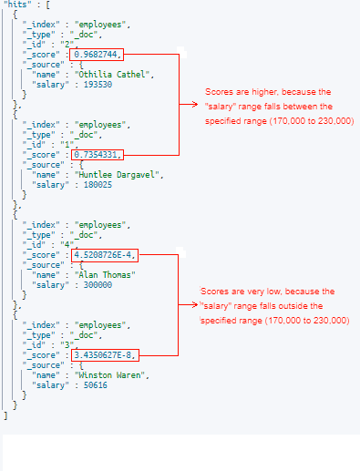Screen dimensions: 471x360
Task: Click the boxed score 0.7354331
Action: pyautogui.click(x=98, y=154)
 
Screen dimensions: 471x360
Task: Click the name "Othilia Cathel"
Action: pyautogui.click(x=121, y=75)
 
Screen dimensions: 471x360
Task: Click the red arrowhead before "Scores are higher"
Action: pyautogui.click(x=207, y=103)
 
